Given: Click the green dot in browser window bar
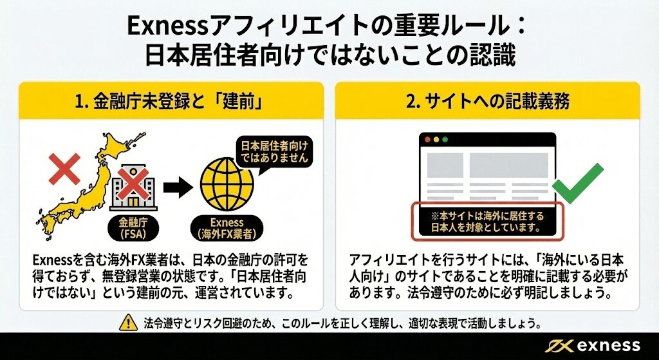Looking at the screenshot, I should [x=444, y=139].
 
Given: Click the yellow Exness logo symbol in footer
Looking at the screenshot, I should [x=557, y=345].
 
